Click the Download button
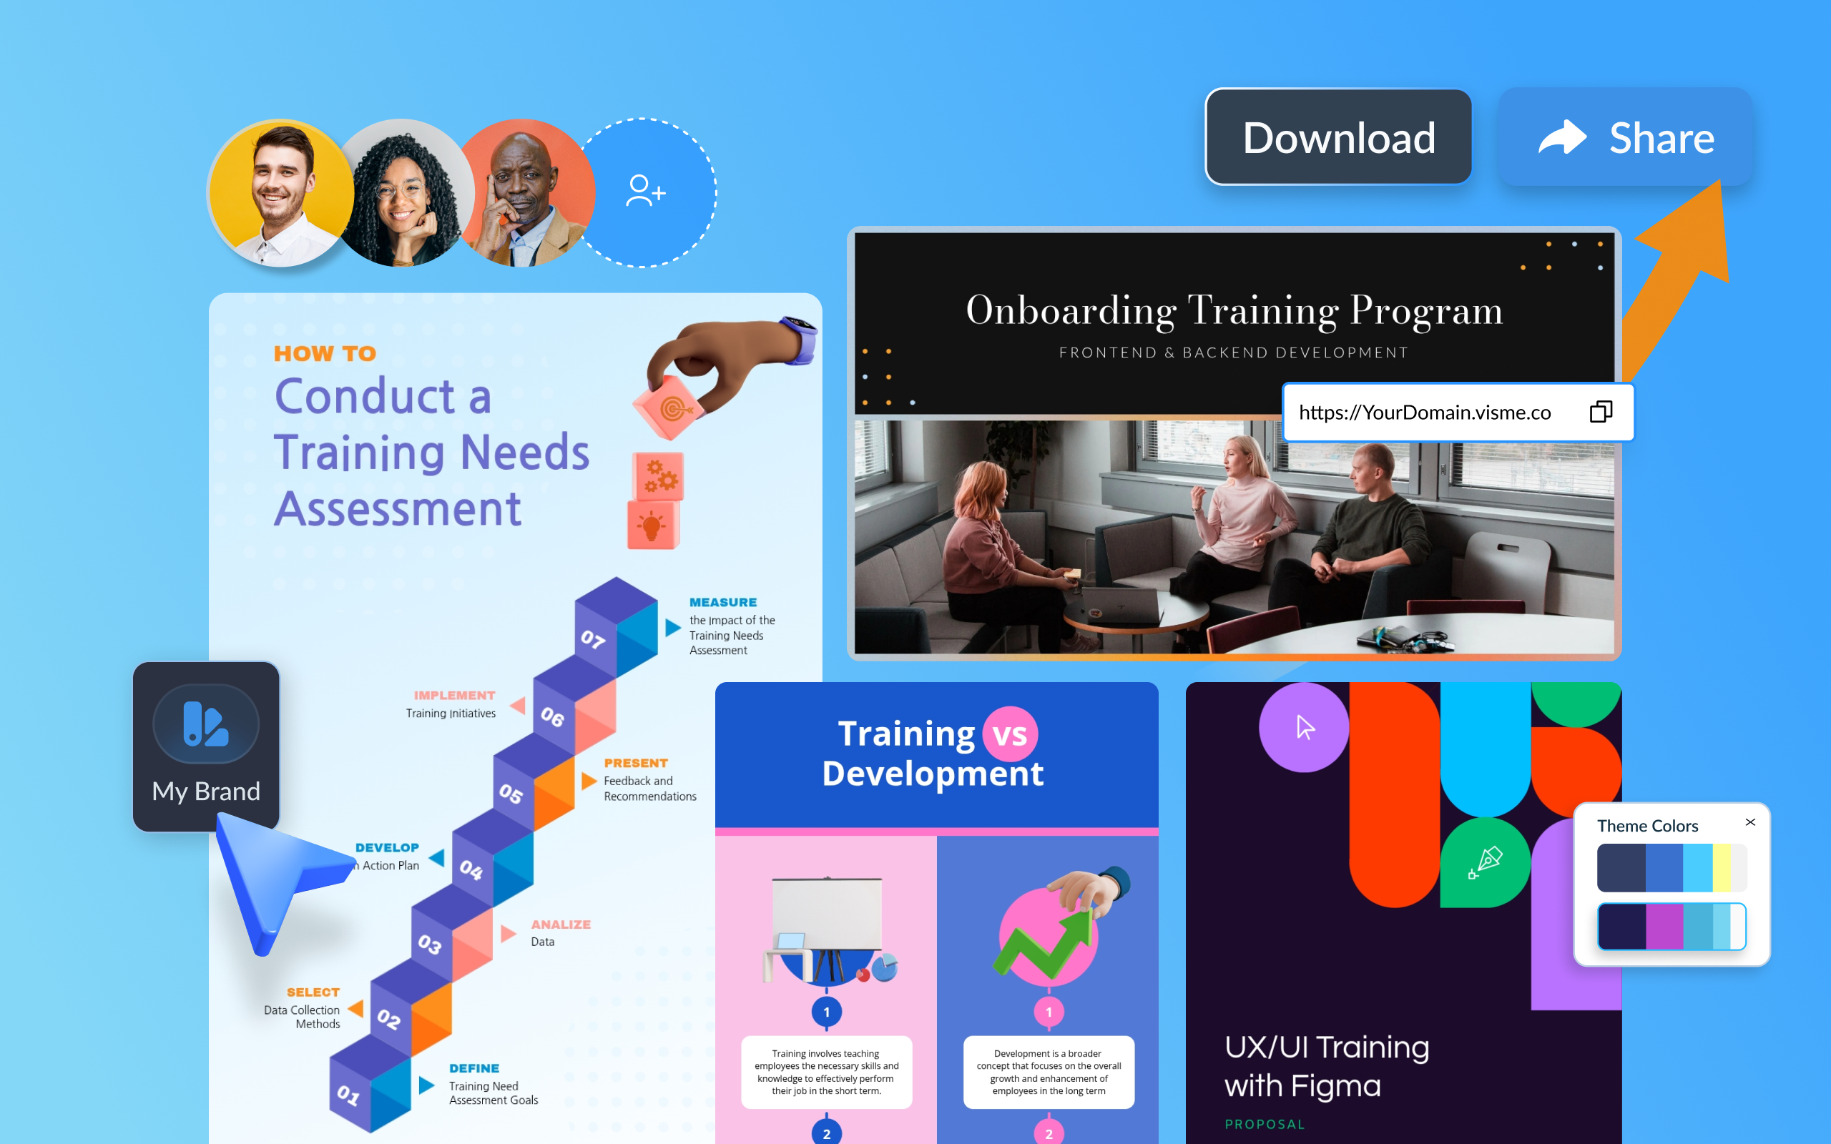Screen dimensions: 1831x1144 coord(1337,137)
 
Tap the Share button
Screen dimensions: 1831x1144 coord(1625,137)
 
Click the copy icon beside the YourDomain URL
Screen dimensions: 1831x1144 coord(1601,412)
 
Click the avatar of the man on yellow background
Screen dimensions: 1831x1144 coord(280,193)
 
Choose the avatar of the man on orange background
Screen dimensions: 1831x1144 coord(526,193)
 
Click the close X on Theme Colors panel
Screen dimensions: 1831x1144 coord(1750,822)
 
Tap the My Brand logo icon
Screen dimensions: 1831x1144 coord(205,724)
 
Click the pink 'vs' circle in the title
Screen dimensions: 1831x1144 coord(1009,734)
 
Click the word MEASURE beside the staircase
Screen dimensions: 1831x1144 coord(722,602)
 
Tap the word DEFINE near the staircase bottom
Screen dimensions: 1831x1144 coord(473,1068)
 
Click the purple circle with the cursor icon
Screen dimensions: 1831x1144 coord(1304,727)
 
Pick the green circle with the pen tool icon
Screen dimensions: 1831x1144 coord(1485,862)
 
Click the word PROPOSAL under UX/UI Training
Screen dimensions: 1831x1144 coord(1265,1124)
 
